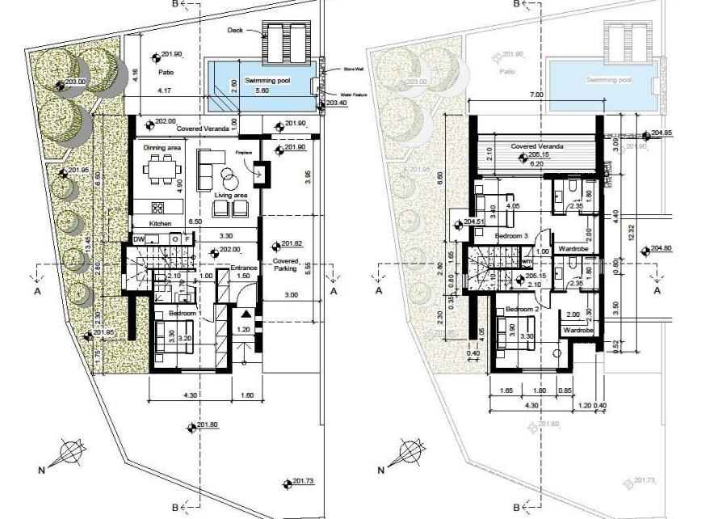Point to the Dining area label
click(162, 148)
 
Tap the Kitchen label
click(159, 223)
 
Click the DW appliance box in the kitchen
click(139, 238)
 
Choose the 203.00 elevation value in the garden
click(74, 83)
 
